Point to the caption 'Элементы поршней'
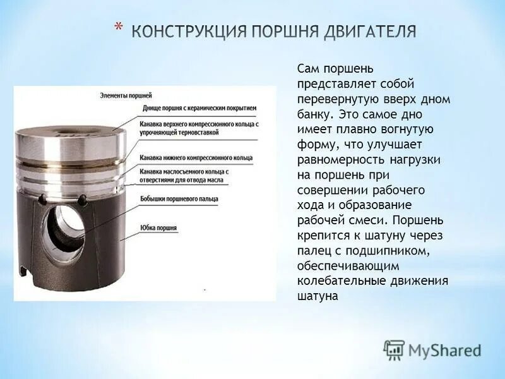click(122, 95)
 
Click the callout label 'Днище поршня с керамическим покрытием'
click(199, 108)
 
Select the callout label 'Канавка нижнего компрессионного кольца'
click(196, 156)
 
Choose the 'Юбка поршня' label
click(158, 227)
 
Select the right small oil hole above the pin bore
click(82, 200)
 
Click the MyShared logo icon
click(393, 349)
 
